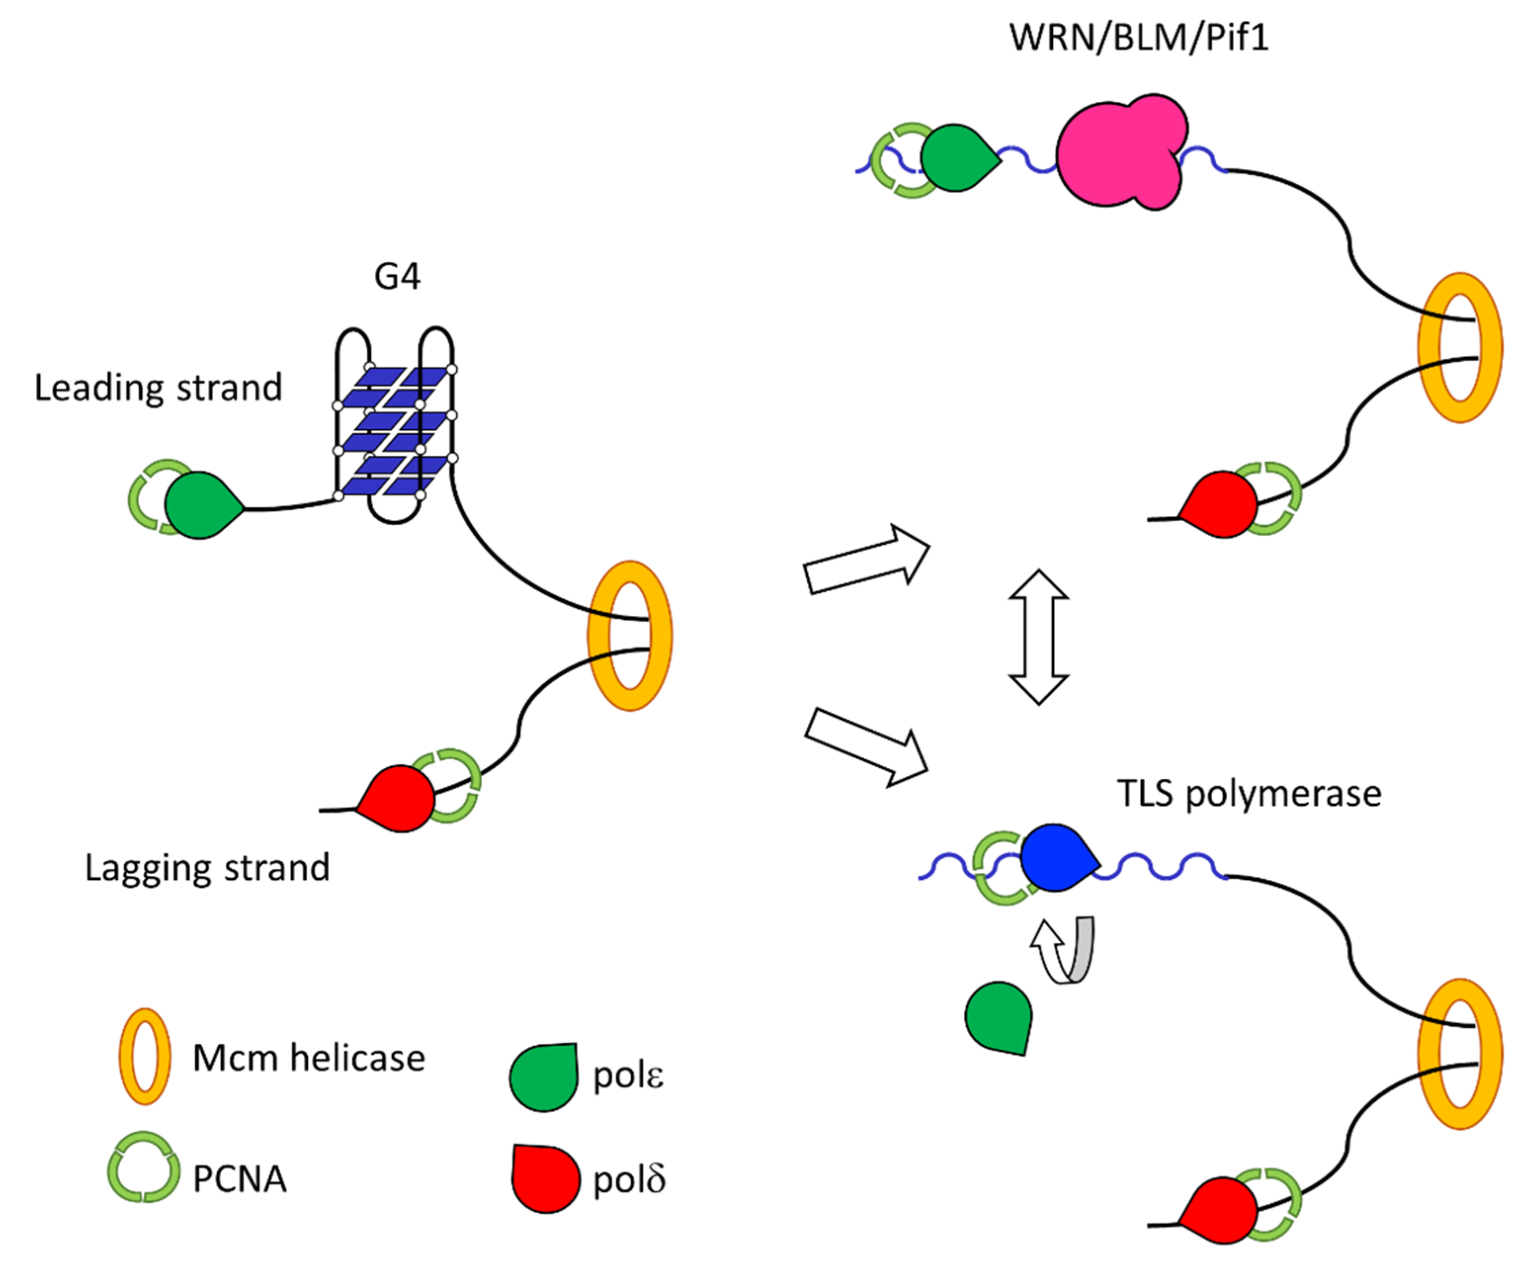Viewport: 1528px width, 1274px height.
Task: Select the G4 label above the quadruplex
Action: pyautogui.click(x=397, y=277)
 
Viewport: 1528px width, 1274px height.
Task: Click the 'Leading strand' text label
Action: pyautogui.click(x=158, y=388)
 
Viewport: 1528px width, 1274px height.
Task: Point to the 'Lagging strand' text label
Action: pyautogui.click(x=207, y=868)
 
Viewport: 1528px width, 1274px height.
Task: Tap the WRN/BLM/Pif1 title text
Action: pyautogui.click(x=1139, y=37)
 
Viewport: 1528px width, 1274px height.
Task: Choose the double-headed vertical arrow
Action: pyautogui.click(x=1038, y=637)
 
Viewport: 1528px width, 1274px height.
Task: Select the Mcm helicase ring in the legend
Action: pyautogui.click(x=145, y=1057)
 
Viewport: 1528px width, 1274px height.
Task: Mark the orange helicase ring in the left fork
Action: pyautogui.click(x=629, y=635)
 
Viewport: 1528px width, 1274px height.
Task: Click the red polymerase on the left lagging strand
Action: pyautogui.click(x=397, y=798)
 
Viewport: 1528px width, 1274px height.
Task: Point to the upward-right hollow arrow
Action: pyautogui.click(x=867, y=560)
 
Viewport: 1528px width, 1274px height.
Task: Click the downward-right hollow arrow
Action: pyautogui.click(x=867, y=747)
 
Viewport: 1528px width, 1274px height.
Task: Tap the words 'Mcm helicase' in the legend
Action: pyautogui.click(x=309, y=1058)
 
